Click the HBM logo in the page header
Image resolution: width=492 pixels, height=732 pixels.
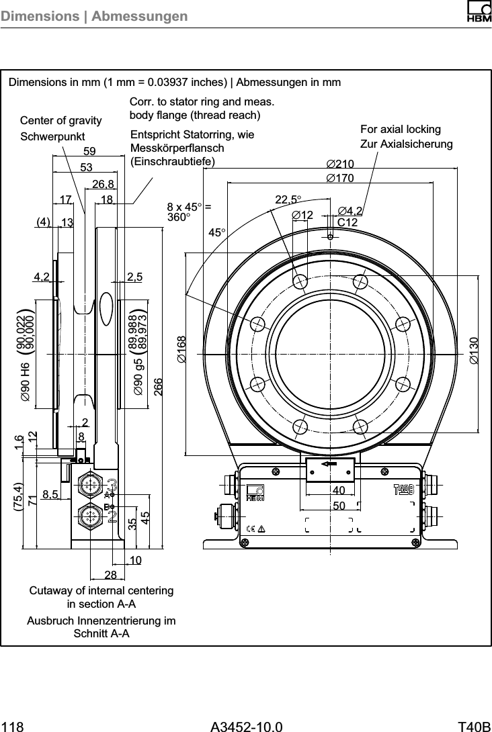(477, 12)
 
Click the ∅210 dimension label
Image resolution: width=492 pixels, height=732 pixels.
(340, 165)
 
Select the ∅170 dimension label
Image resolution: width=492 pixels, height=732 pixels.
(340, 179)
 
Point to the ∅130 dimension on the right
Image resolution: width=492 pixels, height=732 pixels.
(475, 350)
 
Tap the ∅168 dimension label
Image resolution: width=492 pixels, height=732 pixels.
(181, 350)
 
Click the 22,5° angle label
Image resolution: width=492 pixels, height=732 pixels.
(289, 199)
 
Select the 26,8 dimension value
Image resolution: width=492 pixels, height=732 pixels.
(103, 184)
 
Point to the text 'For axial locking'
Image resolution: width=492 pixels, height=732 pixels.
(401, 129)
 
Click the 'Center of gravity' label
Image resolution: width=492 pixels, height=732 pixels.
(61, 121)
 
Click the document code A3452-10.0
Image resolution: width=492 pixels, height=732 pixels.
(246, 727)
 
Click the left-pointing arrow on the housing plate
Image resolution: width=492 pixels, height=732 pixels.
(329, 465)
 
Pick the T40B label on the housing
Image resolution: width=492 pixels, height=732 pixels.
(404, 489)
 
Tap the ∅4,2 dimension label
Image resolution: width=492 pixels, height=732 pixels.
(350, 212)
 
